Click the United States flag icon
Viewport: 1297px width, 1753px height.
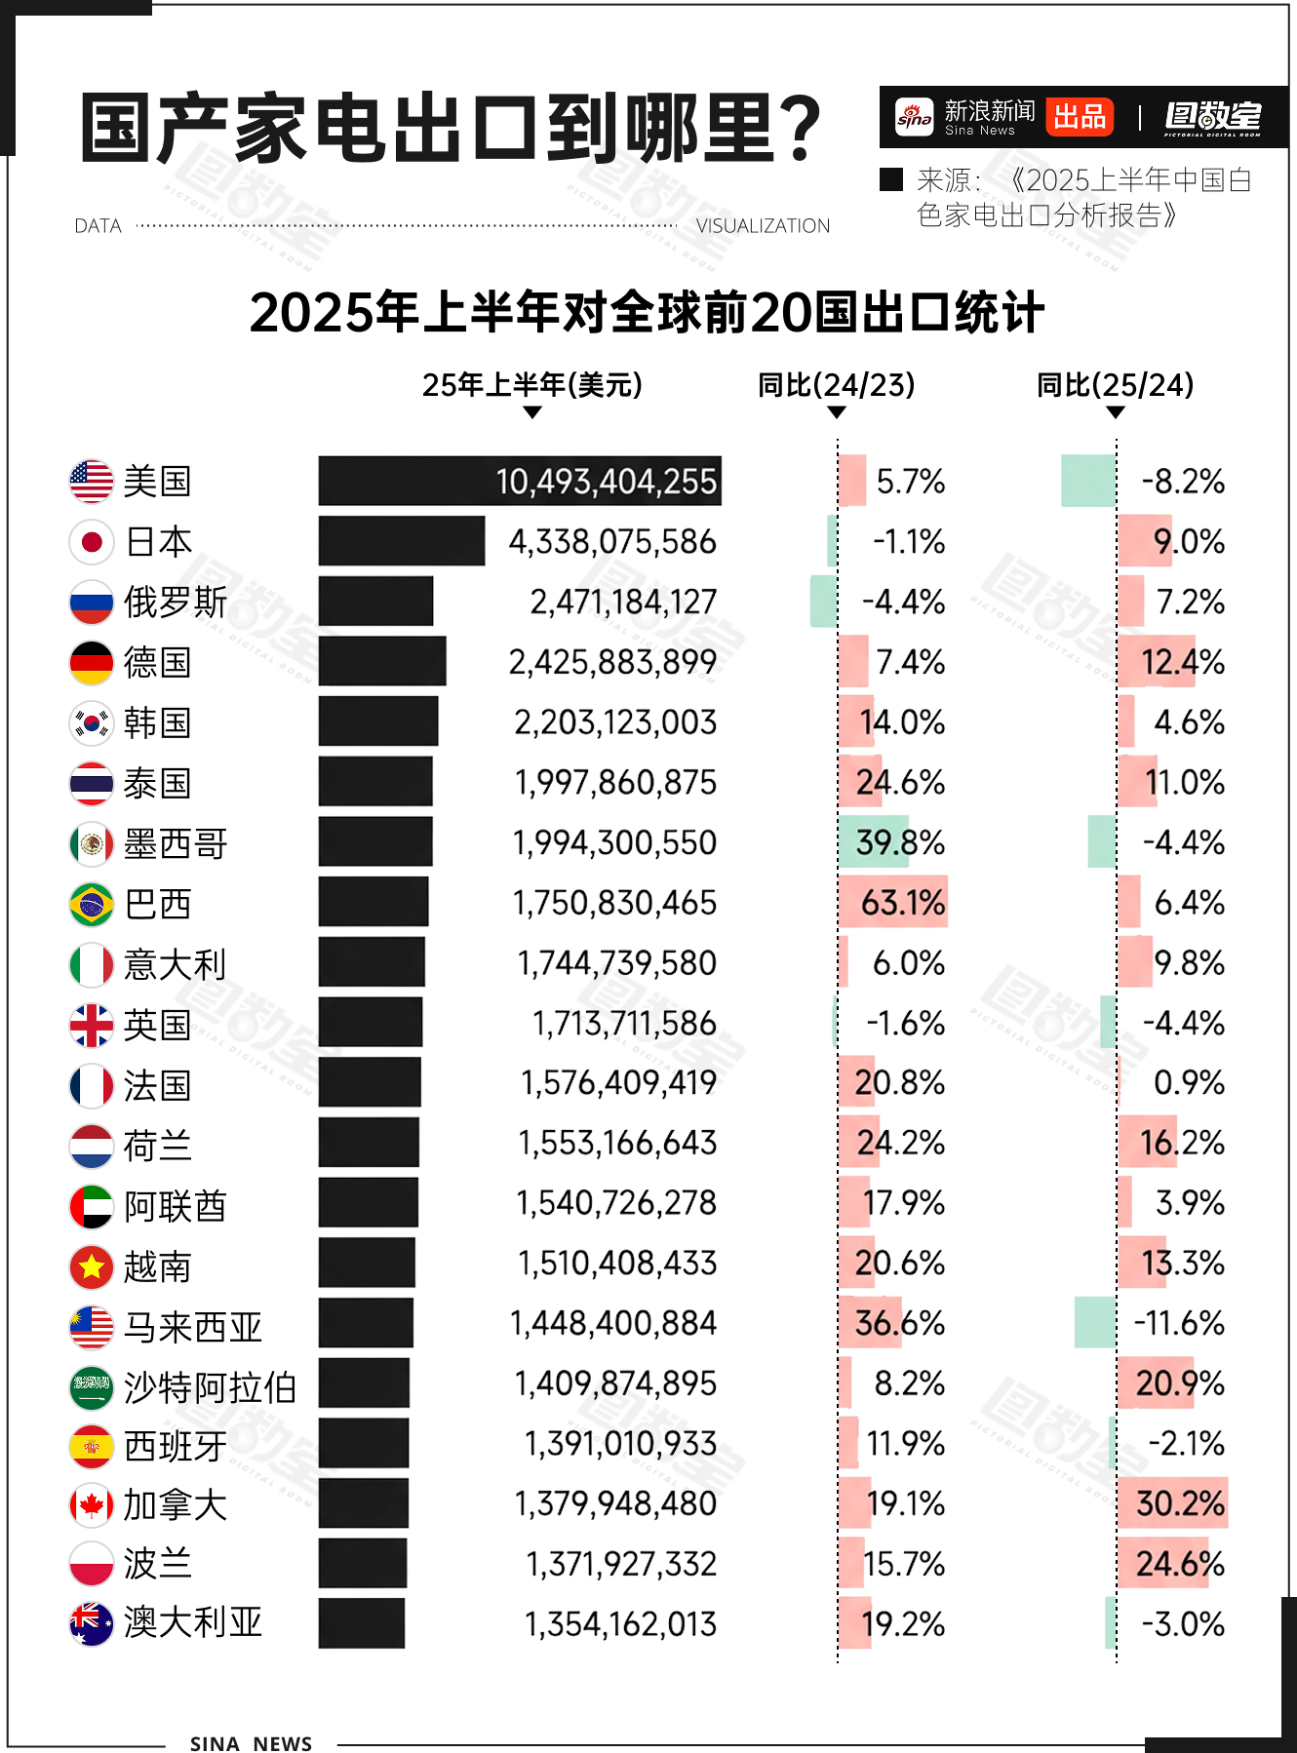pyautogui.click(x=92, y=482)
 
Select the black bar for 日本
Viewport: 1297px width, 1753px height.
pyautogui.click(x=401, y=541)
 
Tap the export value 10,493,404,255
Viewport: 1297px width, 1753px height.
pyautogui.click(x=606, y=482)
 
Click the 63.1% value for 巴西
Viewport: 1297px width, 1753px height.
pyautogui.click(x=902, y=903)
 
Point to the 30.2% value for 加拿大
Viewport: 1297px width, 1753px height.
pyautogui.click(x=1180, y=1503)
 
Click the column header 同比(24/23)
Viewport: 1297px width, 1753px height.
pyautogui.click(x=836, y=385)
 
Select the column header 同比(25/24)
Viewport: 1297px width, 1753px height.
pyautogui.click(x=1115, y=385)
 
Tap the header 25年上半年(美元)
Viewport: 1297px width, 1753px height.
pyautogui.click(x=531, y=385)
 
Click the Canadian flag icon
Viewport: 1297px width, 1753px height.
pyautogui.click(x=92, y=1504)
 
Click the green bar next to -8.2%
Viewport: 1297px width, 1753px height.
pyautogui.click(x=1088, y=481)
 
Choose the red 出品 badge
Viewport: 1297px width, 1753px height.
pyautogui.click(x=1080, y=117)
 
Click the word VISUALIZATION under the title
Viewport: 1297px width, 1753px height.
pyautogui.click(x=763, y=226)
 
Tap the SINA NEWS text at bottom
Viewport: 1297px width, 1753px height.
pyautogui.click(x=251, y=1743)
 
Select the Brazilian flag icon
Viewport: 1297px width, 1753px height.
pyautogui.click(x=92, y=905)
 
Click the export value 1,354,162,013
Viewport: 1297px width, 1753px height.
pyautogui.click(x=620, y=1624)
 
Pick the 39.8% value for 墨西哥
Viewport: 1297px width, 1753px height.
pyautogui.click(x=899, y=842)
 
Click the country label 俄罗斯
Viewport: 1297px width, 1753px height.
pyautogui.click(x=176, y=603)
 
